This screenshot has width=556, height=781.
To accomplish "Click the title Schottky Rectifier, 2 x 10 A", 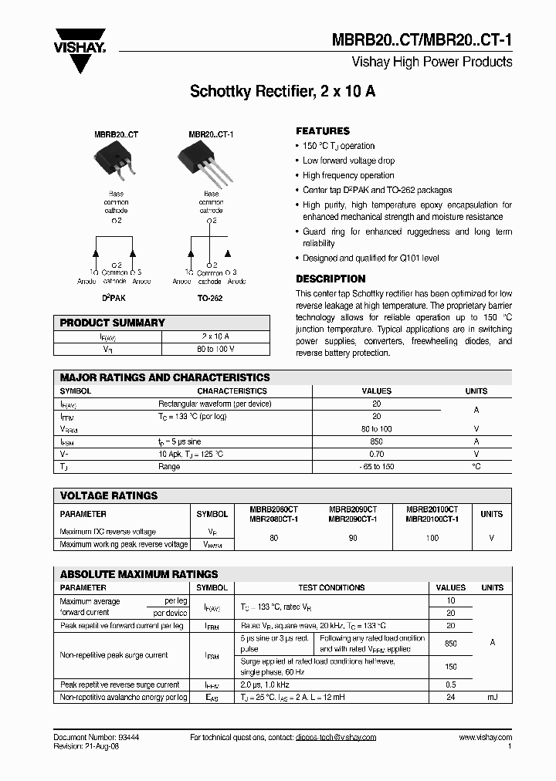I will pyautogui.click(x=283, y=92).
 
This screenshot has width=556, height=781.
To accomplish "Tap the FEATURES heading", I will pyautogui.click(x=323, y=131).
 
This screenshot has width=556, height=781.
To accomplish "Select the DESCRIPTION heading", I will pyautogui.click(x=331, y=279).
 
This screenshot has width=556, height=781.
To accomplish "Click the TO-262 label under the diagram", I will pyautogui.click(x=209, y=298).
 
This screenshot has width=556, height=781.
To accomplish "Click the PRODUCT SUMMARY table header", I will pyautogui.click(x=112, y=323).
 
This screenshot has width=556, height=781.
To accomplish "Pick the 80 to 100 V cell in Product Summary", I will pyautogui.click(x=216, y=349).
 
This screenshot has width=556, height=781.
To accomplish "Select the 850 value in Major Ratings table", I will pyautogui.click(x=377, y=441).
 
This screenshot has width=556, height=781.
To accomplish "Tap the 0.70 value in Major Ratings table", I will pyautogui.click(x=377, y=454).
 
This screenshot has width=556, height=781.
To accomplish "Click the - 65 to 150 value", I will pyautogui.click(x=377, y=467).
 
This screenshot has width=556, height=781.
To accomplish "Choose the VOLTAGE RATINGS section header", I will pyautogui.click(x=109, y=495).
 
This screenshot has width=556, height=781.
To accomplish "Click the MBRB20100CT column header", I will pyautogui.click(x=432, y=514).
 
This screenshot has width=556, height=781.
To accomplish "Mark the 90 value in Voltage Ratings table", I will pyautogui.click(x=353, y=537).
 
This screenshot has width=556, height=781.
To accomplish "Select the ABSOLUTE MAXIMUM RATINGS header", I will pyautogui.click(x=139, y=574).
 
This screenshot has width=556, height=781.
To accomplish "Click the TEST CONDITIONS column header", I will pyautogui.click(x=331, y=587).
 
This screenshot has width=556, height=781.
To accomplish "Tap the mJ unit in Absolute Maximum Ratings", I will pyautogui.click(x=492, y=697).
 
